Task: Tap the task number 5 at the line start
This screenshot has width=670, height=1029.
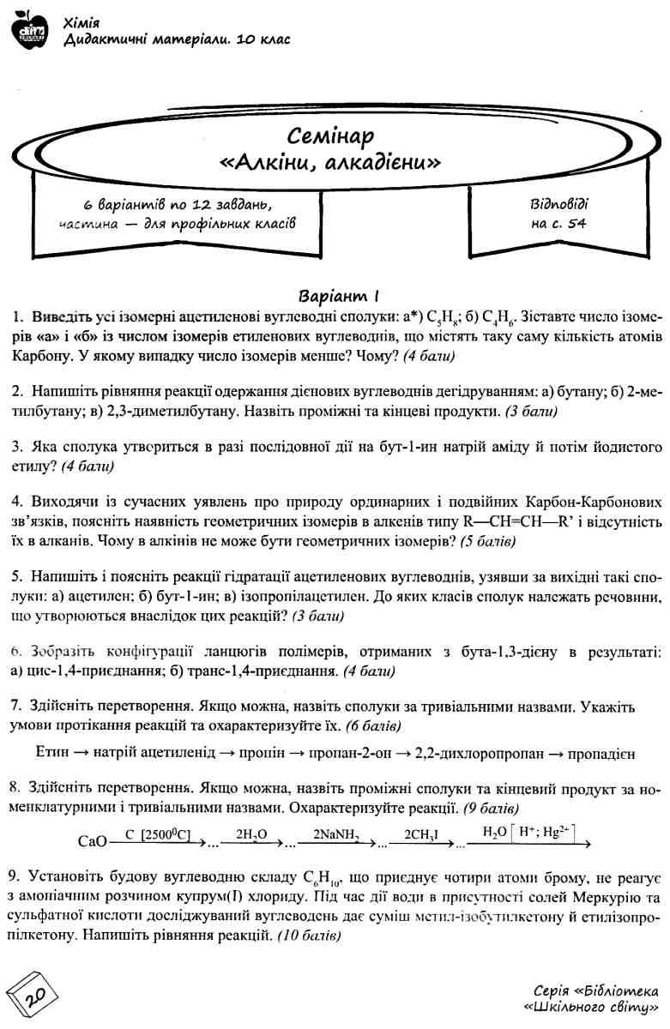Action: coord(16,574)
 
